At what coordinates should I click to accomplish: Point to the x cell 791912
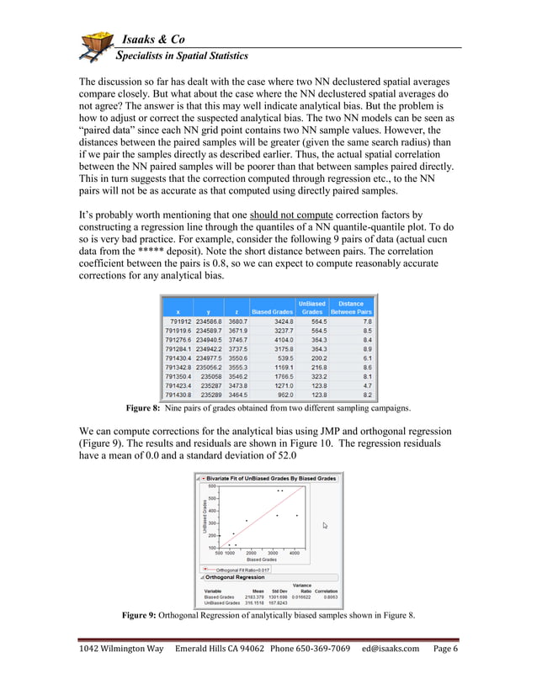tap(179, 321)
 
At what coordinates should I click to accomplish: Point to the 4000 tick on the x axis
tap(295, 553)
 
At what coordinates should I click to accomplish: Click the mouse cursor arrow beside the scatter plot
tap(325, 525)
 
